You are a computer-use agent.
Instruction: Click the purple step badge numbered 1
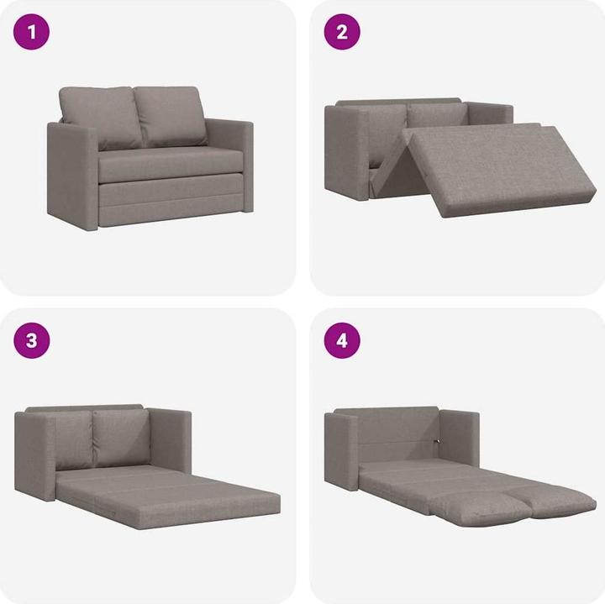(32, 33)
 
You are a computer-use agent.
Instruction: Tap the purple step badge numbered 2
(342, 33)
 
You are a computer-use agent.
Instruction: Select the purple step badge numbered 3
(32, 341)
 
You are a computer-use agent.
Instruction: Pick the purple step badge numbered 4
(342, 341)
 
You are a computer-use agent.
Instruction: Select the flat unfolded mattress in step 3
(168, 496)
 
